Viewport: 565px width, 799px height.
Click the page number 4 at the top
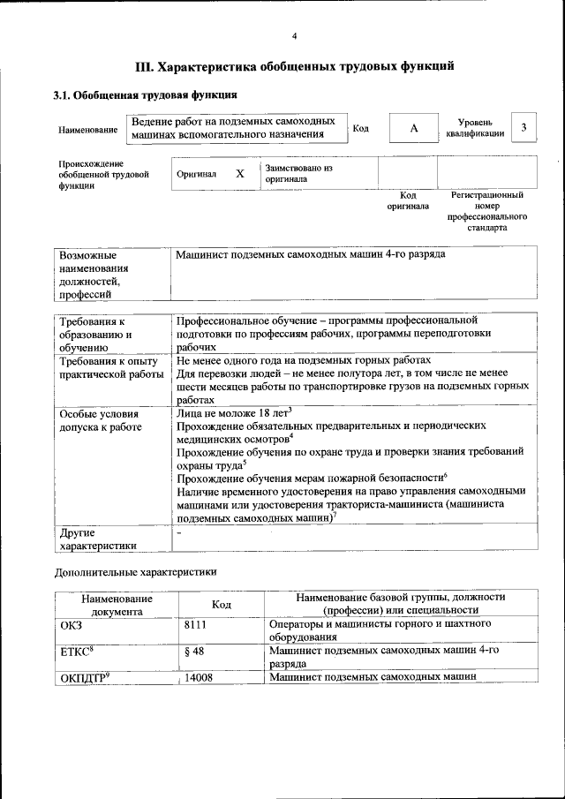[294, 35]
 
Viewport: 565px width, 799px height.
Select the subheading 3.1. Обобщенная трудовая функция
[144, 94]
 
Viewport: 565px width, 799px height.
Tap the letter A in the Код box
[413, 129]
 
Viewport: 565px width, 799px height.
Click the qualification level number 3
[524, 128]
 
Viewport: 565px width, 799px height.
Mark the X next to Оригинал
[239, 174]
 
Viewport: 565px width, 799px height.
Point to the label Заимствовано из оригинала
[298, 172]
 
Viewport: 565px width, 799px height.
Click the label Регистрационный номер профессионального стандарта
[487, 210]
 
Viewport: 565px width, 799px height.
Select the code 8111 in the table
[197, 624]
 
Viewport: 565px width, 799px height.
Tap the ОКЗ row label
[72, 624]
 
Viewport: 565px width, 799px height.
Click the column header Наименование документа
[117, 604]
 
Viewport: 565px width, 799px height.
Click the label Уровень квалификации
[482, 128]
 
